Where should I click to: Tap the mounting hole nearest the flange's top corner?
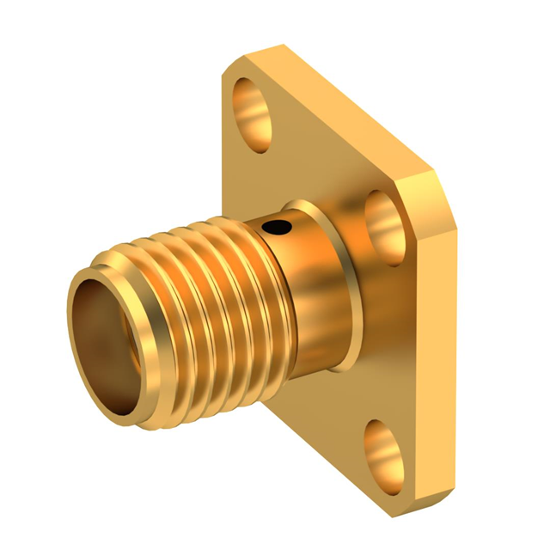251,102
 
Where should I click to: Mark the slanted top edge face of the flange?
344,103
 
